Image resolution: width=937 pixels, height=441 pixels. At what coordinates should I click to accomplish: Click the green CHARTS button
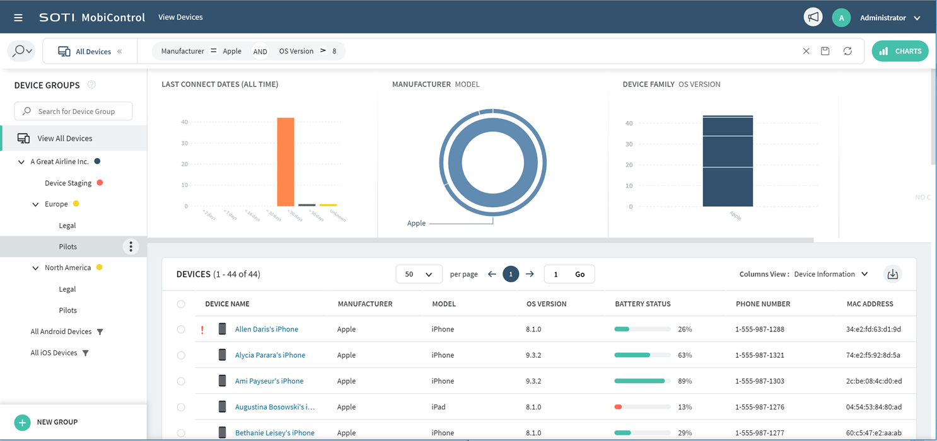click(x=900, y=51)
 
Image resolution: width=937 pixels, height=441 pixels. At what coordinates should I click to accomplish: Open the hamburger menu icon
click(x=18, y=18)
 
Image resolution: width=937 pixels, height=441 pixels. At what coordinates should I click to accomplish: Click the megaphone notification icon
click(x=813, y=18)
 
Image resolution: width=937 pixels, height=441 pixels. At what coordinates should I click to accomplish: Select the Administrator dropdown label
click(x=882, y=18)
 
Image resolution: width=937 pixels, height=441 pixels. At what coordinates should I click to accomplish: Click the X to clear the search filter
click(x=806, y=51)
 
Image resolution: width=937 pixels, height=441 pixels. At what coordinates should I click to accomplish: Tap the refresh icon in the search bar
click(x=847, y=51)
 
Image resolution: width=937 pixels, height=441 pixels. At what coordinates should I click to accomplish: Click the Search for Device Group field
click(x=73, y=112)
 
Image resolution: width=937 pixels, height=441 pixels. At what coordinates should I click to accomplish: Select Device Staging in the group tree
click(x=68, y=183)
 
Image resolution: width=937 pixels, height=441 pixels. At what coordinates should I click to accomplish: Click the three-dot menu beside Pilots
click(x=131, y=246)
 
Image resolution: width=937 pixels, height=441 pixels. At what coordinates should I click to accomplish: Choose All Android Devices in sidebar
click(x=61, y=331)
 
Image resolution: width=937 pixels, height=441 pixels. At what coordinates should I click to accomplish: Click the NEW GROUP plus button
click(x=23, y=422)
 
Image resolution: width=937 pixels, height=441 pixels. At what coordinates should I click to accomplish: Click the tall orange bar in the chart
click(x=286, y=162)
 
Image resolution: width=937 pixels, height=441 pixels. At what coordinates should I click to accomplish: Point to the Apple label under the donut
click(x=416, y=223)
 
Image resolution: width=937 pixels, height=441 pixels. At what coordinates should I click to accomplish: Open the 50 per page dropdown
click(x=419, y=274)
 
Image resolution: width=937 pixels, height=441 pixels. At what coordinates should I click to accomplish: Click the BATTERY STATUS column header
click(x=643, y=304)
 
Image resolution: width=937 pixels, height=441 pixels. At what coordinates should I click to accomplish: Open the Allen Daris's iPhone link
click(x=266, y=329)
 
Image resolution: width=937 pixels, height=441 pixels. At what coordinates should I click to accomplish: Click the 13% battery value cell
click(x=685, y=407)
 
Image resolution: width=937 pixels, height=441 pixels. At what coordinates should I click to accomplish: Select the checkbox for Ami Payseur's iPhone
click(x=181, y=381)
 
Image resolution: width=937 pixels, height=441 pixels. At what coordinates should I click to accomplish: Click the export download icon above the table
click(x=892, y=274)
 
